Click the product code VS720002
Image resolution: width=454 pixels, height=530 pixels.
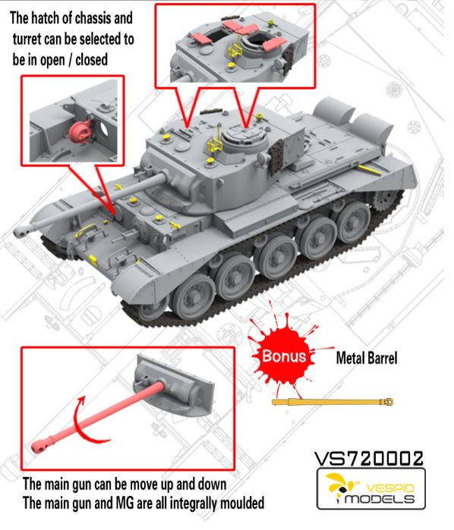pos(369,459)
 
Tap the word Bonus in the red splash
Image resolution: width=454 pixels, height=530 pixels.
pos(284,356)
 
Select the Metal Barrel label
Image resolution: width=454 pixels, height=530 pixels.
pos(367,358)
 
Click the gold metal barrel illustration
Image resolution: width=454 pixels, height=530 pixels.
pos(333,402)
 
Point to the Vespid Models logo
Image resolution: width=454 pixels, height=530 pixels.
pos(370,489)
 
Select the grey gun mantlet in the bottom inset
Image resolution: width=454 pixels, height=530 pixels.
pos(174,384)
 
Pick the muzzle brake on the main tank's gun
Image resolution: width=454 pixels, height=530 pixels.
pos(23,230)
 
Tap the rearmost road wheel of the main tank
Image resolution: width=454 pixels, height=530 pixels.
pos(353,224)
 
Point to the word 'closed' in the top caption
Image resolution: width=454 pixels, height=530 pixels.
pos(91,59)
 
